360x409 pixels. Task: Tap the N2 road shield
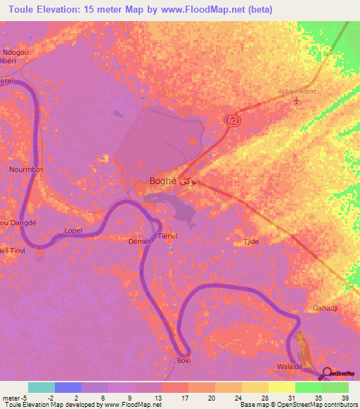click(231, 121)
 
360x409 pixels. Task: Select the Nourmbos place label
click(27, 169)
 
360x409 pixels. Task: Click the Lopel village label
click(73, 231)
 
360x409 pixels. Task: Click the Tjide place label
click(251, 241)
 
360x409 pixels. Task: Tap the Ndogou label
click(15, 52)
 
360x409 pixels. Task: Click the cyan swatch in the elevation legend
click(41, 387)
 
